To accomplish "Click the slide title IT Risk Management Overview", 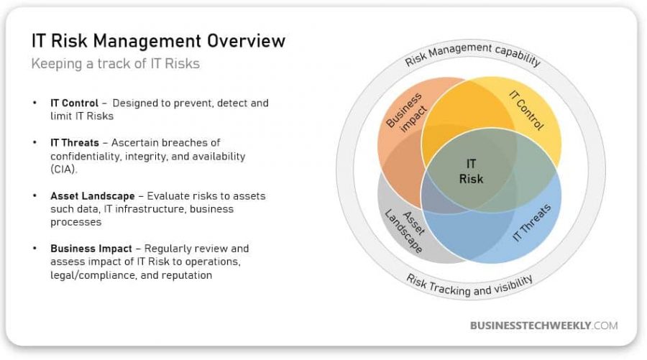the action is (x=158, y=41).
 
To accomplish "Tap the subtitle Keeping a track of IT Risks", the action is (x=116, y=63).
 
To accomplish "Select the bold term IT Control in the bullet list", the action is (x=74, y=103).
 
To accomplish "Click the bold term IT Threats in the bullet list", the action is (x=75, y=143).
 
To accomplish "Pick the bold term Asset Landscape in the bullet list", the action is (x=93, y=196).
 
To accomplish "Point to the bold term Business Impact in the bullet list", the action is (x=91, y=249).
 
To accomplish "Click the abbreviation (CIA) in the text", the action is (x=64, y=169).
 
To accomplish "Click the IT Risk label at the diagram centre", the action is (x=471, y=171).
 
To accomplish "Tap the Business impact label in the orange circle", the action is (x=406, y=112).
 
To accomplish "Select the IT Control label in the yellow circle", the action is (x=526, y=110).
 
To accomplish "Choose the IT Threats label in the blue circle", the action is (x=531, y=222).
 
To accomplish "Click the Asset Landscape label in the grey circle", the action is (x=404, y=231).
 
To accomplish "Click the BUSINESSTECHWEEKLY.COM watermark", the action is (x=544, y=326).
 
